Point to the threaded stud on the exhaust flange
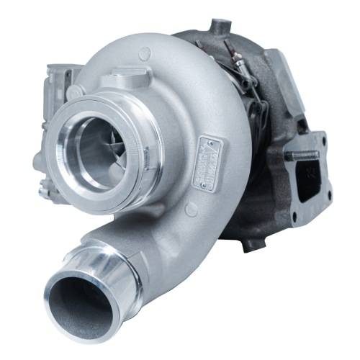307,154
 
